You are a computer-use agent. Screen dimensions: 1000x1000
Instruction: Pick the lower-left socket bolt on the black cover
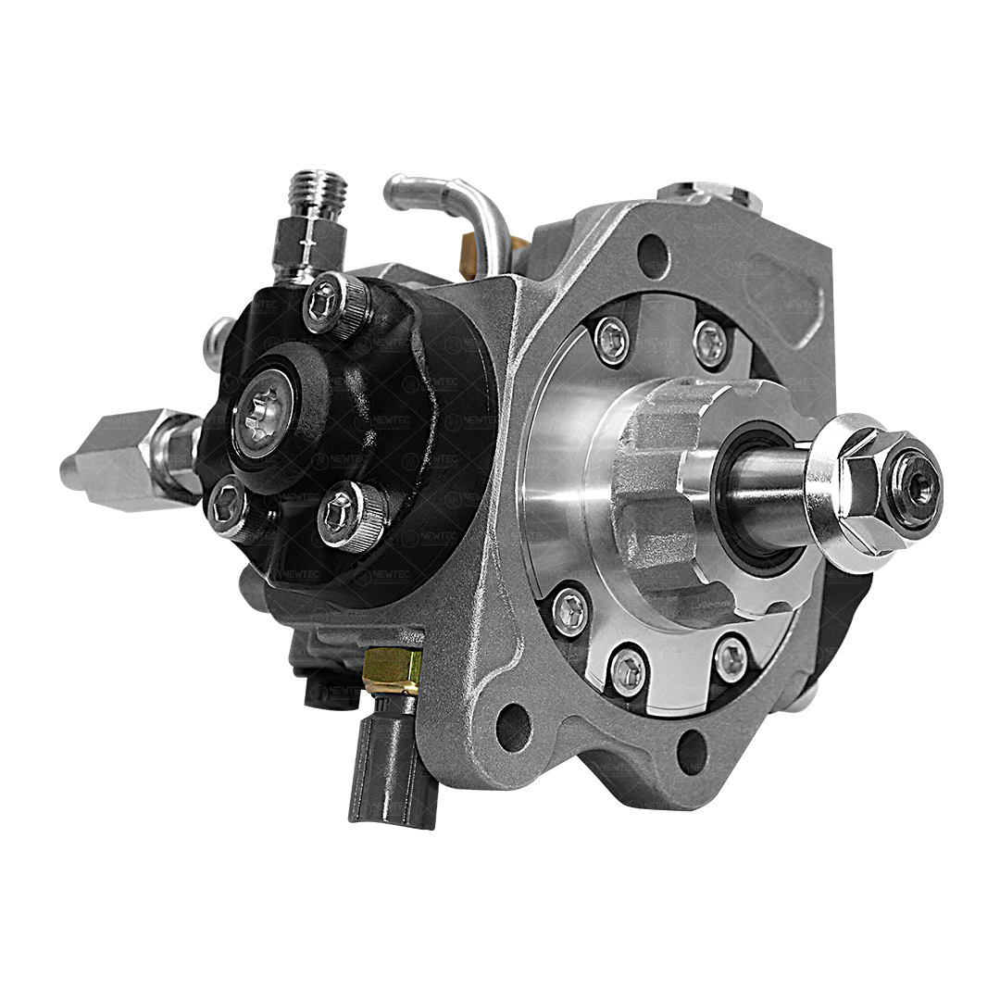(x=228, y=508)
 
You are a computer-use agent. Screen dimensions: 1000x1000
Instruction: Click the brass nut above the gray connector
(x=394, y=670)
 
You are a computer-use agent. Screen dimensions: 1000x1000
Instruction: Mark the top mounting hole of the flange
(x=654, y=254)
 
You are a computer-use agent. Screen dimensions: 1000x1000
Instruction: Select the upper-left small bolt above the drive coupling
(x=612, y=340)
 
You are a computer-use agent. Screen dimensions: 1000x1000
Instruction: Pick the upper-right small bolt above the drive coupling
(x=710, y=343)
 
